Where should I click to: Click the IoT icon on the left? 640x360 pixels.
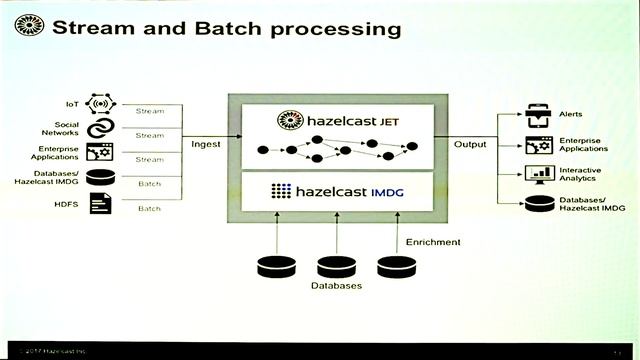(x=100, y=103)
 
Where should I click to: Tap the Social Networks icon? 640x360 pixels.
(x=100, y=129)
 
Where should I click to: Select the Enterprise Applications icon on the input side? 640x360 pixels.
(x=100, y=153)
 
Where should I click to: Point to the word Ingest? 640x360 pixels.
(x=205, y=144)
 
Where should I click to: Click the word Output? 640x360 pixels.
(x=469, y=144)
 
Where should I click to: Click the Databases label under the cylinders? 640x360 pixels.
(x=336, y=286)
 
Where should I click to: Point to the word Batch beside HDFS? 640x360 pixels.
(x=149, y=208)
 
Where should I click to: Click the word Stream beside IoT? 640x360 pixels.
(x=149, y=110)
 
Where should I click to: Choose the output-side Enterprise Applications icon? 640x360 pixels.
(x=540, y=146)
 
